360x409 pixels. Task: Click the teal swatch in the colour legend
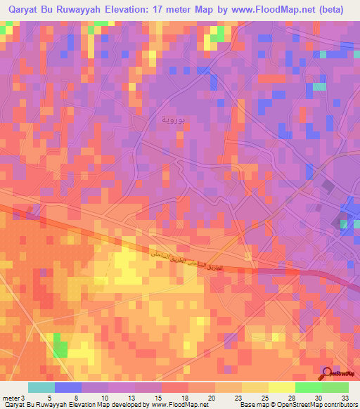pyautogui.click(x=41, y=387)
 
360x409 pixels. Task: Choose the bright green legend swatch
pyautogui.click(x=308, y=387)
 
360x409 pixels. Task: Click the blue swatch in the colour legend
pyautogui.click(x=67, y=387)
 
